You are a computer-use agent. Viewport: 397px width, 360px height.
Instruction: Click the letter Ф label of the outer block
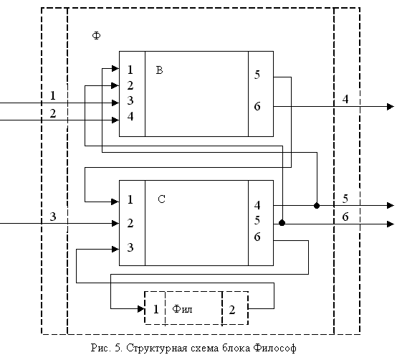96,35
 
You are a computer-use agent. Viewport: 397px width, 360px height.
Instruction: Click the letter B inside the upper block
159,70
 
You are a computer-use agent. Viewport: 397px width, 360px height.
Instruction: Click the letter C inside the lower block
161,199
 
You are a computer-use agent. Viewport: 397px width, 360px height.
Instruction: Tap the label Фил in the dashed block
182,309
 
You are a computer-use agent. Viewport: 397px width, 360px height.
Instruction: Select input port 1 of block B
130,70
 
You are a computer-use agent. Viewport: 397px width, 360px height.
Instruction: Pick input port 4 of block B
130,116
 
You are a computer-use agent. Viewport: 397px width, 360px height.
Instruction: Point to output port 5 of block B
257,75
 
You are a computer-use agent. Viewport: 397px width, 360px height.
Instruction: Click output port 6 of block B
257,106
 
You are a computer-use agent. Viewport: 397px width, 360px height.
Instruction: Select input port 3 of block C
130,247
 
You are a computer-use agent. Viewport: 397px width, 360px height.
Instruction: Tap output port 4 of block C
257,205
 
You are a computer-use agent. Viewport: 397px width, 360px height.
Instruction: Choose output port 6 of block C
257,237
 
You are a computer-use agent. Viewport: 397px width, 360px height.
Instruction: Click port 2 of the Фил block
232,310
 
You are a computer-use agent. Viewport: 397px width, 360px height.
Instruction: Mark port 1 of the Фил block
156,309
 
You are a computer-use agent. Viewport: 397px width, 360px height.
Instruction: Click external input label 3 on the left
52,217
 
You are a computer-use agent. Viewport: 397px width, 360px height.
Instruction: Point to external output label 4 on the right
345,99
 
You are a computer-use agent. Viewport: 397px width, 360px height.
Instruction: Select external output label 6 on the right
345,217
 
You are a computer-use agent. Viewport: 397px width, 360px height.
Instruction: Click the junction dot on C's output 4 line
317,206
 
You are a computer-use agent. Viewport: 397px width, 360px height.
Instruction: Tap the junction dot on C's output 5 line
282,223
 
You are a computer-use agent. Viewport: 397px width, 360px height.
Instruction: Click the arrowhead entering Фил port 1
141,309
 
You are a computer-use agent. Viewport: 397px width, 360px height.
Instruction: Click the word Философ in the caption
275,348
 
